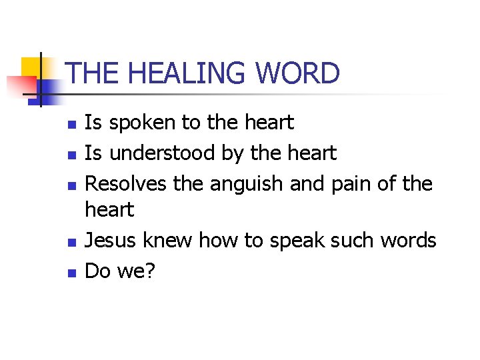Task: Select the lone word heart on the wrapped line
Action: [109, 211]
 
